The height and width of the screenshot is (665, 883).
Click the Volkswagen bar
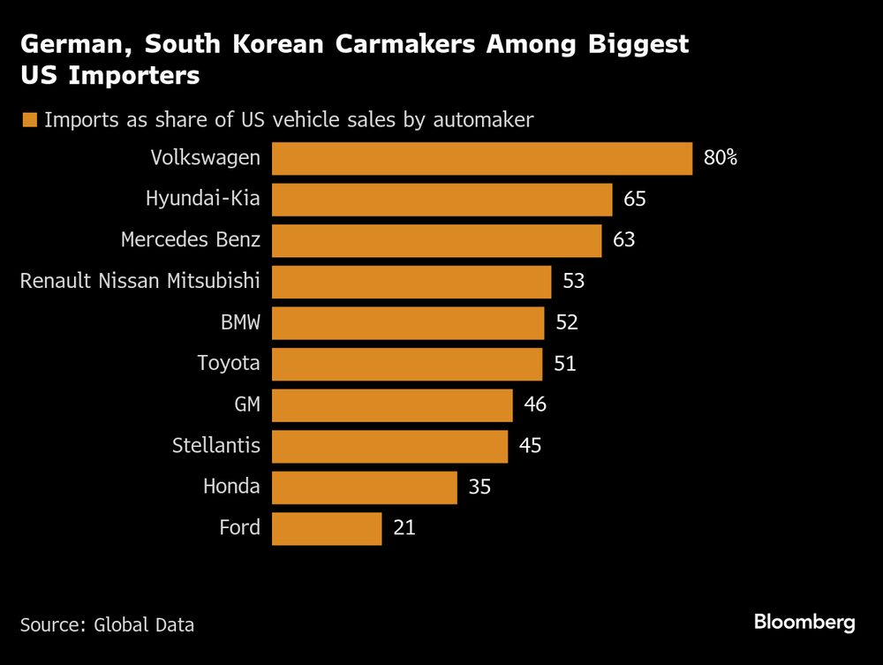click(481, 159)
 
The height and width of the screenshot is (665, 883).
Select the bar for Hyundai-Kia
click(441, 200)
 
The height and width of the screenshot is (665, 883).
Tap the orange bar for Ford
click(327, 528)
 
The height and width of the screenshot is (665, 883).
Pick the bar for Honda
click(364, 487)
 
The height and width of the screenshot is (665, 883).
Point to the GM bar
click(392, 405)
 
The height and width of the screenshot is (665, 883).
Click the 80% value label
click(720, 159)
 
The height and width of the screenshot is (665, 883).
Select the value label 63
click(624, 240)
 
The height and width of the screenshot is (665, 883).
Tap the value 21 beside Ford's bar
click(404, 528)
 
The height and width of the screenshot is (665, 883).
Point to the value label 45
click(530, 446)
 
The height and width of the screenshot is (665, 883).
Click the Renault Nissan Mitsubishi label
click(140, 282)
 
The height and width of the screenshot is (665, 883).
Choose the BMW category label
click(240, 322)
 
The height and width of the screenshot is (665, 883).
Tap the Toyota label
click(229, 364)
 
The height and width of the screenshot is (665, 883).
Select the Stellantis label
click(216, 446)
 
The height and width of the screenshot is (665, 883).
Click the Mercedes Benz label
click(190, 240)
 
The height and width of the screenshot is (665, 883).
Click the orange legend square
click(29, 120)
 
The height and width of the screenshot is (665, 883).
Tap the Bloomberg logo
click(804, 623)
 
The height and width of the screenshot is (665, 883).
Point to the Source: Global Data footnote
click(107, 625)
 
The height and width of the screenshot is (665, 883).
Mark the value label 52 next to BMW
click(567, 323)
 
